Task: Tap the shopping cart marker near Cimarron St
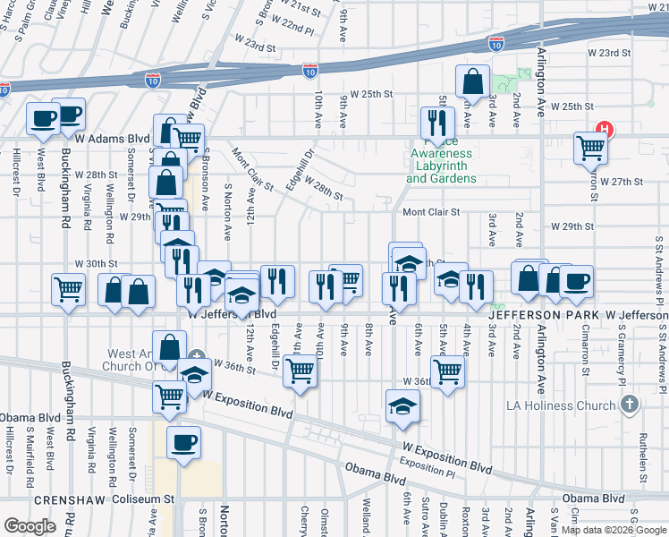click(590, 148)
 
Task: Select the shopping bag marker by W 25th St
click(471, 82)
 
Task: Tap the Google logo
click(30, 525)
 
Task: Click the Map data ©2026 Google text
click(614, 530)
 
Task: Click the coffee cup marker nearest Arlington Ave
click(576, 280)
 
